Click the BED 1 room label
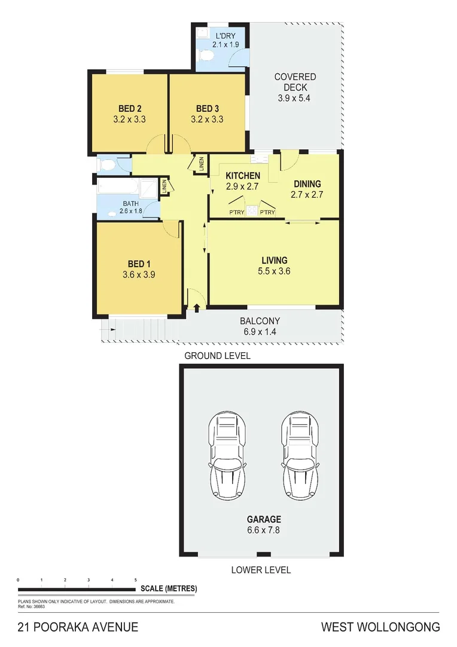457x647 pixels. click(x=136, y=264)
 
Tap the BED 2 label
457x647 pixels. click(x=129, y=108)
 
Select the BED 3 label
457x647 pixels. click(x=207, y=108)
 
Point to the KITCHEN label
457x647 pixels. click(x=242, y=176)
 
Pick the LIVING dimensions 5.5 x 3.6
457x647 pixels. click(x=275, y=271)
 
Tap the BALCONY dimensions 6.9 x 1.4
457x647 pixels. click(x=260, y=331)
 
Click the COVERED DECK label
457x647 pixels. click(x=295, y=82)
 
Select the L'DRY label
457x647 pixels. click(x=226, y=35)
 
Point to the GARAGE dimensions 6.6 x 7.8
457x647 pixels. click(x=264, y=530)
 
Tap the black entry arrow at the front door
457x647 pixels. click(x=197, y=307)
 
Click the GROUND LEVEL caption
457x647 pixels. click(x=217, y=356)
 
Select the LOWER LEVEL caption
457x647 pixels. click(x=261, y=570)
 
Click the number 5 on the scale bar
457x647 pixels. click(x=136, y=580)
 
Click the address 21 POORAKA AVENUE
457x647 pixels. click(x=78, y=627)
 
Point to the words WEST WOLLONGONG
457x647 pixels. click(x=380, y=627)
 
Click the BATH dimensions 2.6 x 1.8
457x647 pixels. click(x=132, y=211)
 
